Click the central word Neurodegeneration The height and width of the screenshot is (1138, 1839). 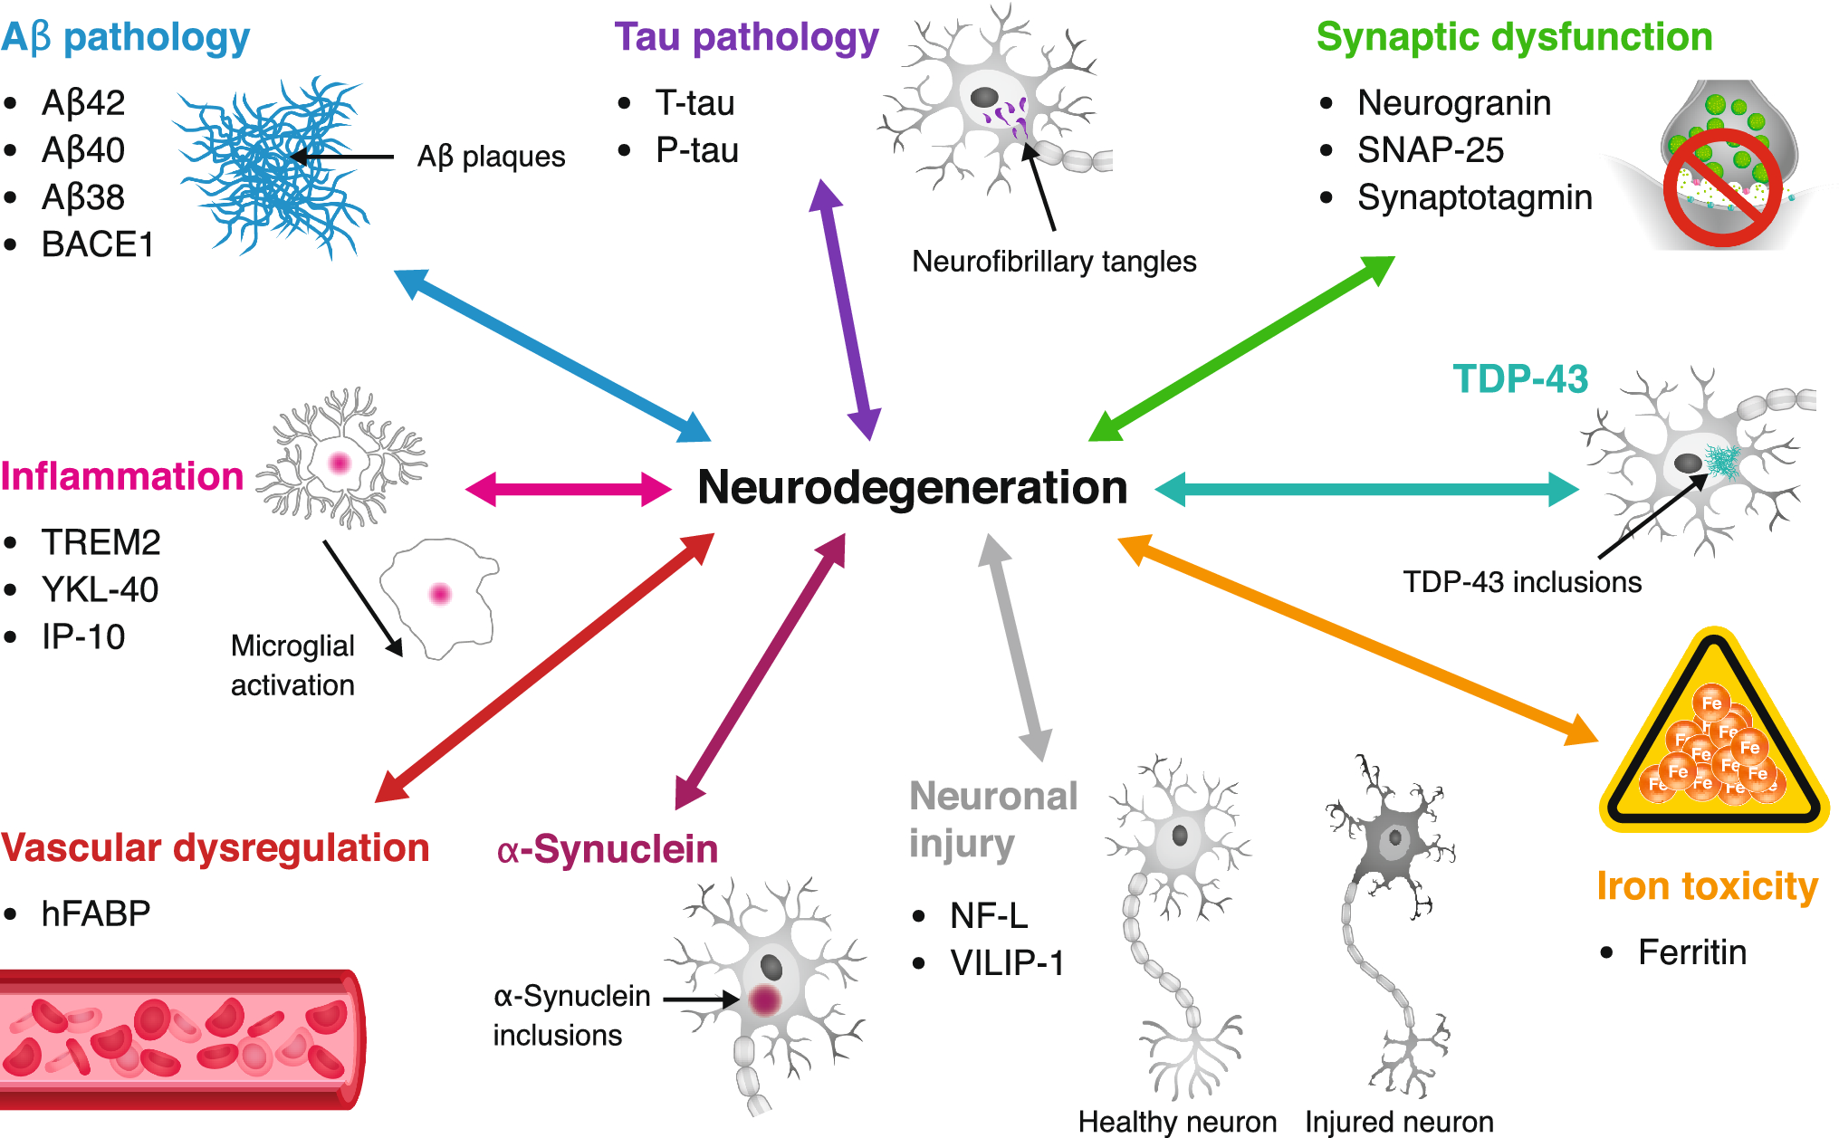[x=912, y=488]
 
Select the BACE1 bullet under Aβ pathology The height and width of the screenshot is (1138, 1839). [x=97, y=244]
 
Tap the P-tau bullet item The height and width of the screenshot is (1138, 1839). [x=696, y=150]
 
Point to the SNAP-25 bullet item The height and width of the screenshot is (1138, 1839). [x=1430, y=150]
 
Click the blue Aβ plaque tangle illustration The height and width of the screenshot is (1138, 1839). [x=272, y=167]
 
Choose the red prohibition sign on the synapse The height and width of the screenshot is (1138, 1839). [x=1722, y=187]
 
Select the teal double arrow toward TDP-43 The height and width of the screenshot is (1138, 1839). [x=1367, y=489]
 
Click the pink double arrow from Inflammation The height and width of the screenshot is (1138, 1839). [x=568, y=489]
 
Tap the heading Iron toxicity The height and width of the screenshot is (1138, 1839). [x=1707, y=885]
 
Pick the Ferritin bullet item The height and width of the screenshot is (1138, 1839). [x=1691, y=952]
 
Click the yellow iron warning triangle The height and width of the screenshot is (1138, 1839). [x=1713, y=738]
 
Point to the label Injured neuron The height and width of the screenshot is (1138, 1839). [x=1399, y=1122]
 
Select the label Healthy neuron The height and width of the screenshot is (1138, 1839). [x=1177, y=1122]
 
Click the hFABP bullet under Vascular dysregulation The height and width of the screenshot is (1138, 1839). [x=95, y=913]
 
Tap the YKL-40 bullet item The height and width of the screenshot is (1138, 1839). [x=100, y=590]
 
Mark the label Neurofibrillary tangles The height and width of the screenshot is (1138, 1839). [x=1054, y=262]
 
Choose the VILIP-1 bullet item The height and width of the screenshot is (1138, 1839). [x=1006, y=963]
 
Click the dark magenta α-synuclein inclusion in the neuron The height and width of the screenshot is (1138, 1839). [x=765, y=999]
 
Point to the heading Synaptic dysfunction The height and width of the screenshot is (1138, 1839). [x=1514, y=38]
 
